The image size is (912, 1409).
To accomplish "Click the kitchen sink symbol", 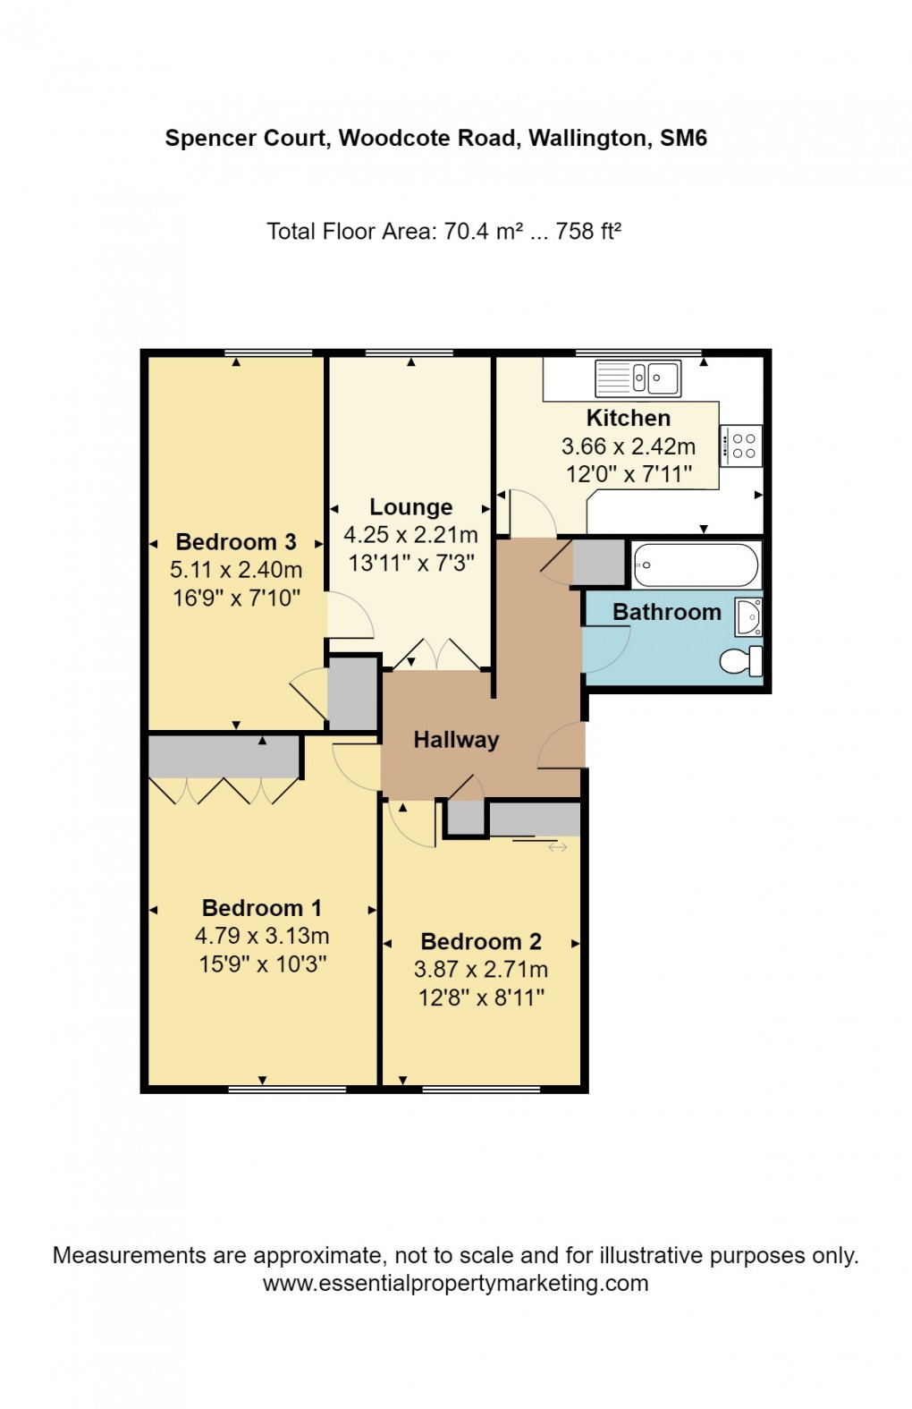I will point(638,378).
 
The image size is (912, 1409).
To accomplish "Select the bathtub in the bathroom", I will point(696,565).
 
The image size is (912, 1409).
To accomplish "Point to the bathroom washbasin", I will point(748,616).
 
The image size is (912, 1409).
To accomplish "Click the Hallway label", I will point(456,740).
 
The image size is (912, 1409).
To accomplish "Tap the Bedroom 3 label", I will point(236,542).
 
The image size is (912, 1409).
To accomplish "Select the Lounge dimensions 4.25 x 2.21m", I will point(410,535).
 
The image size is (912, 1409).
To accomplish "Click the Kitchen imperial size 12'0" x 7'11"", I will point(629,474).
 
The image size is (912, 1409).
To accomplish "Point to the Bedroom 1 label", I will point(262,908).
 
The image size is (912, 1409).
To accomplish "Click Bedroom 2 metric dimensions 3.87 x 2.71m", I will point(481,969).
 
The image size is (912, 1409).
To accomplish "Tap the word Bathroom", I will point(667,612).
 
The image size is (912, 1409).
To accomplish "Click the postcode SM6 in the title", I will point(683,139).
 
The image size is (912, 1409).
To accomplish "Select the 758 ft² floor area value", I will point(588,232).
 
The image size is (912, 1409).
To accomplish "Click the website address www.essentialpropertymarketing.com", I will point(455,1283).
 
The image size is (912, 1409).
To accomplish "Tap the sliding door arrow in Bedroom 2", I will point(558,846).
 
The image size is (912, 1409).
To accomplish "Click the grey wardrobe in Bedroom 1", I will point(224,757).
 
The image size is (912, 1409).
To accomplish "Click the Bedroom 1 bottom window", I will point(287,1089).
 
